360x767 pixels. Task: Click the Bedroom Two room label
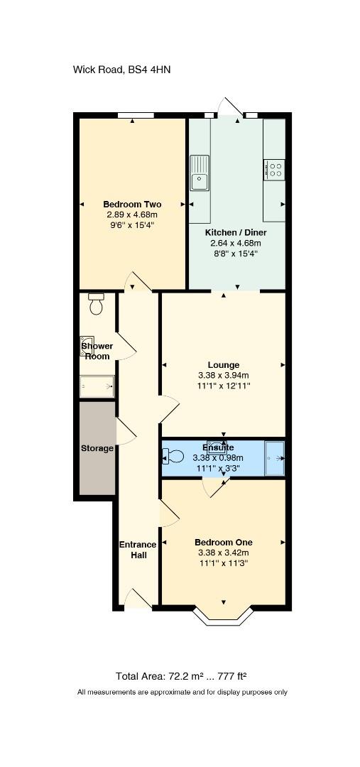(x=132, y=205)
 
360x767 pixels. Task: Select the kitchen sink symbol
(x=200, y=173)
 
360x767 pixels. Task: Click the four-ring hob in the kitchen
(x=274, y=170)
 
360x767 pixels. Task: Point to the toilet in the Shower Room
(x=97, y=304)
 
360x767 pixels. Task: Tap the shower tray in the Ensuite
(x=274, y=458)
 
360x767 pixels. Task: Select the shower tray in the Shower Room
(x=97, y=386)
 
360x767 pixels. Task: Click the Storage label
(x=97, y=448)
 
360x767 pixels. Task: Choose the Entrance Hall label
(x=138, y=550)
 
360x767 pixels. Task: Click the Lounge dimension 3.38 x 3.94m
(x=224, y=375)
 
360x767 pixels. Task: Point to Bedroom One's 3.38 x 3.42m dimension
(x=224, y=553)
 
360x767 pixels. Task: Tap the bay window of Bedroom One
(x=224, y=617)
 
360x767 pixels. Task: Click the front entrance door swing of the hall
(x=138, y=599)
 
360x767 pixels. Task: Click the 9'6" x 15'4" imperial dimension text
(x=132, y=225)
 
